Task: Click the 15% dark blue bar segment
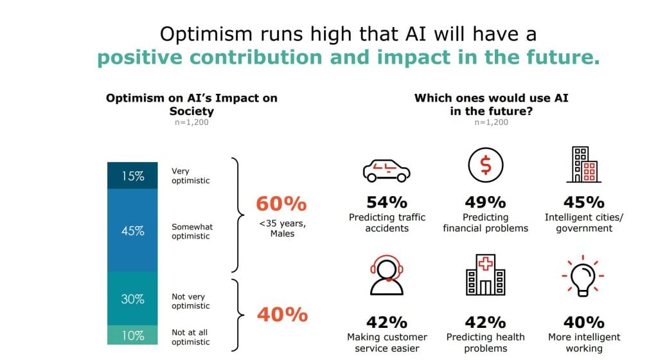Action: click(x=132, y=175)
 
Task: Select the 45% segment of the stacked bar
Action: click(x=132, y=230)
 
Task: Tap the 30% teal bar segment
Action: click(x=132, y=299)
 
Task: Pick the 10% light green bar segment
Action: click(x=132, y=335)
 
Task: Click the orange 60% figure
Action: click(x=281, y=204)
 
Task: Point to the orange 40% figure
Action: click(x=283, y=315)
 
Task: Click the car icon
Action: click(x=386, y=170)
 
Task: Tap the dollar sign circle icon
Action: click(x=486, y=165)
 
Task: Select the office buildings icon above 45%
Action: click(x=583, y=165)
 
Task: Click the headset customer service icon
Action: click(x=386, y=275)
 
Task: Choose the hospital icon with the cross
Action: click(x=486, y=275)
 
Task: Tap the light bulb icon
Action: click(x=583, y=276)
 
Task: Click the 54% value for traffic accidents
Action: click(x=387, y=203)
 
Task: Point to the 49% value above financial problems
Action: click(x=486, y=203)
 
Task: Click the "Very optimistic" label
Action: click(x=190, y=175)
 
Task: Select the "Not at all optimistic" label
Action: click(x=190, y=337)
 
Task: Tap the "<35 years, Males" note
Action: click(x=283, y=228)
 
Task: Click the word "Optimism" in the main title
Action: click(x=206, y=34)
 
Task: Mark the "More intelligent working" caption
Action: click(x=584, y=343)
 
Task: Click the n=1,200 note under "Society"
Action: click(x=191, y=122)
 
